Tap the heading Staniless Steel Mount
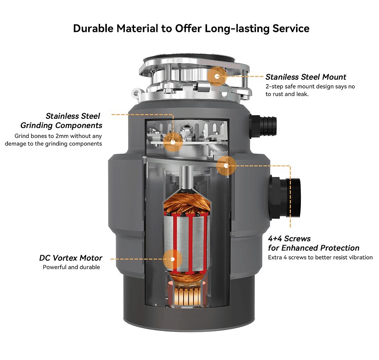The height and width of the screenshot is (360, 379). pyautogui.click(x=306, y=77)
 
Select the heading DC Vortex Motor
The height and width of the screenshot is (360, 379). pyautogui.click(x=71, y=258)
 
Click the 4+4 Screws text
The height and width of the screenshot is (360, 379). pyautogui.click(x=289, y=239)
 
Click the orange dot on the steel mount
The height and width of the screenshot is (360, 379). pyautogui.click(x=217, y=76)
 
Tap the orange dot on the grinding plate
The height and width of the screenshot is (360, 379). pyautogui.click(x=173, y=142)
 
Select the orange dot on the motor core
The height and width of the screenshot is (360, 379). pyautogui.click(x=173, y=258)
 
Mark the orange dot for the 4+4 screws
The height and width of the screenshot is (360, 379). pyautogui.click(x=226, y=165)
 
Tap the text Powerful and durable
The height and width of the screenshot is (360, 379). pyautogui.click(x=71, y=267)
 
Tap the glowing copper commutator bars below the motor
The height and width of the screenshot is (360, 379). pyautogui.click(x=187, y=295)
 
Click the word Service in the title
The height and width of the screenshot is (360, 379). pyautogui.click(x=291, y=29)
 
